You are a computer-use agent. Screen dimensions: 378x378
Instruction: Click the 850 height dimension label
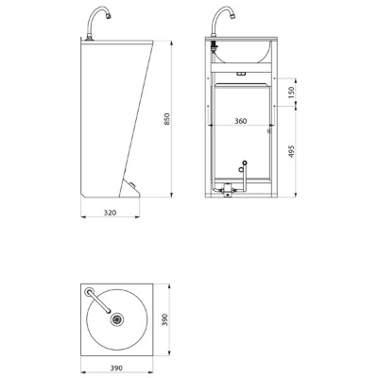click(x=167, y=119)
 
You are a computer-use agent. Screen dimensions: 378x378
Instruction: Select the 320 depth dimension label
click(x=110, y=213)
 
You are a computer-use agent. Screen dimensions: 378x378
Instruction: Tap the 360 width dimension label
click(x=241, y=121)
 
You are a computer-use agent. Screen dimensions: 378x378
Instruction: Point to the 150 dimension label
click(x=291, y=93)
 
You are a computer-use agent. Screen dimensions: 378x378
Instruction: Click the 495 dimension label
click(x=291, y=151)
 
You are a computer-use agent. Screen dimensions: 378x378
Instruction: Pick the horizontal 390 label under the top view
click(x=116, y=368)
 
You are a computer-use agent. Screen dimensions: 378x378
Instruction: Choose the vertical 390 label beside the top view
click(x=164, y=319)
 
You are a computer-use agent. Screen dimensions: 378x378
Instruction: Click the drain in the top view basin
click(x=117, y=319)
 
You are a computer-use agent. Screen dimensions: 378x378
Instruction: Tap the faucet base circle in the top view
click(x=89, y=291)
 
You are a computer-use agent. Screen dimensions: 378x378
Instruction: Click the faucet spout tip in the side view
click(x=110, y=15)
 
